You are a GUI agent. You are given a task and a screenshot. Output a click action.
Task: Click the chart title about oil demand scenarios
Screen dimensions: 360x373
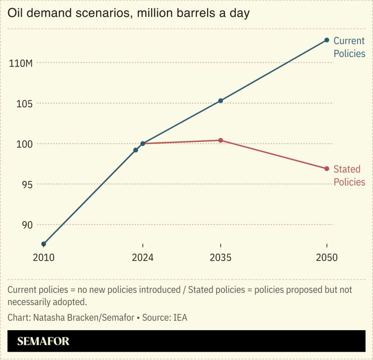pos(128,13)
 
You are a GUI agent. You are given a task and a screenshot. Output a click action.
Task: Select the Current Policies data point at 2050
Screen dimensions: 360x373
pos(327,40)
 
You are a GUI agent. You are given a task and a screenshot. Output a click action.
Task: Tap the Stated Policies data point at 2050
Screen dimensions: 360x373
pos(327,168)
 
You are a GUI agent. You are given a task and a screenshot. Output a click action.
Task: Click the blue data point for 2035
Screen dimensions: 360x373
pos(221,101)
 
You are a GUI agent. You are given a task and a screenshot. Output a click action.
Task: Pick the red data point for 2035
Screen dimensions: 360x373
pos(221,140)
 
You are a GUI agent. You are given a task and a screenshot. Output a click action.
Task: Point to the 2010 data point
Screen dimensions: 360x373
pos(44,244)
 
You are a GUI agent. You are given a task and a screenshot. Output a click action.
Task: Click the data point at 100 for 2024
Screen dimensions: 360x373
pos(143,144)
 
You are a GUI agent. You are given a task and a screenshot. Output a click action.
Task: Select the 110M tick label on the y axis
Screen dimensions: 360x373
pos(21,62)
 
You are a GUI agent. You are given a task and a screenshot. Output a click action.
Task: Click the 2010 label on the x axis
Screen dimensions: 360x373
pos(44,258)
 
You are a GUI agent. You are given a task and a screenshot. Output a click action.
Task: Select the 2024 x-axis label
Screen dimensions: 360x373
pos(143,258)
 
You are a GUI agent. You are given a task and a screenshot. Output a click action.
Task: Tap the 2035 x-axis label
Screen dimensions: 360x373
pos(221,258)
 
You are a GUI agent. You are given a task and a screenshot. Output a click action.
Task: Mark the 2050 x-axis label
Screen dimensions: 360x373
pos(326,258)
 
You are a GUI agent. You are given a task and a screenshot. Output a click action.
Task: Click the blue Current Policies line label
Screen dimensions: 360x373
pos(349,47)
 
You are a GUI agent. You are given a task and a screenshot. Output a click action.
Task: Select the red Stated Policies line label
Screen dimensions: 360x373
pos(349,175)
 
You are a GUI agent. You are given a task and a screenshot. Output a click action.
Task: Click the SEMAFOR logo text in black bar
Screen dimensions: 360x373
pos(43,341)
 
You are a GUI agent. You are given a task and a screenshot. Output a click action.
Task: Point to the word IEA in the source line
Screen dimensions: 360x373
pos(180,318)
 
